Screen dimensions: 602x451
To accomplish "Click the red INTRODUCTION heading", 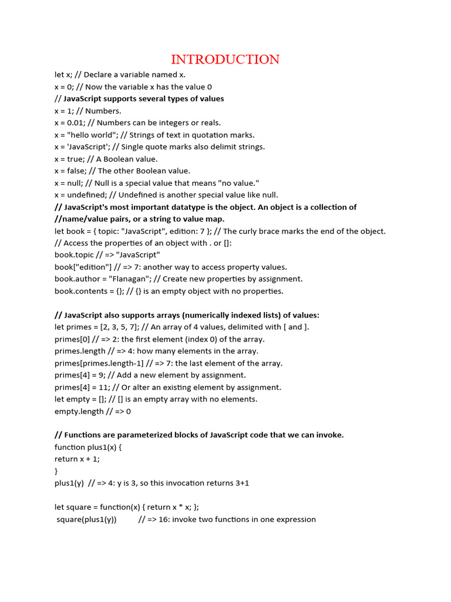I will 225,59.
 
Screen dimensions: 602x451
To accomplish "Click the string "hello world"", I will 89,135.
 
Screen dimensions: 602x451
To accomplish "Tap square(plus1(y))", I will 86,520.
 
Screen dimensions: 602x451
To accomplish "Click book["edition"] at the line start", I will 80,267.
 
